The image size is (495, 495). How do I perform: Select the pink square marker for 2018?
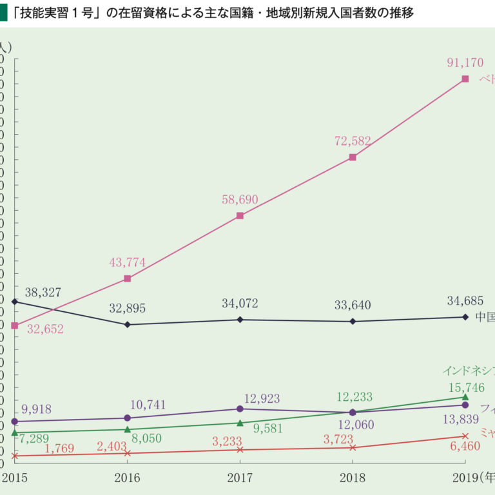point(353,157)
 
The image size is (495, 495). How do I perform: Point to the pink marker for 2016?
point(127,278)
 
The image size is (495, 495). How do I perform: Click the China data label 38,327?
point(43,293)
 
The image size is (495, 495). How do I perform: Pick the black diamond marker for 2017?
point(240,319)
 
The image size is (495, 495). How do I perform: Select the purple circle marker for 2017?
point(240,409)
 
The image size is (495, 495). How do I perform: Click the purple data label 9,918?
point(36,409)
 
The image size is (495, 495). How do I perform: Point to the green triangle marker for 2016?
point(127,429)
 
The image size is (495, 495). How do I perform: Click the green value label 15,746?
point(465,387)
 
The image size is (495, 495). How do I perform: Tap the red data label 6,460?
point(463,446)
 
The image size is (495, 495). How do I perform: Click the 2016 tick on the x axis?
point(127,478)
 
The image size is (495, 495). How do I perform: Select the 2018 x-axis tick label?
point(353,478)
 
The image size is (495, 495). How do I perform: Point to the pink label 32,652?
point(45,329)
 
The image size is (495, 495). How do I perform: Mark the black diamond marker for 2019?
point(465,316)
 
